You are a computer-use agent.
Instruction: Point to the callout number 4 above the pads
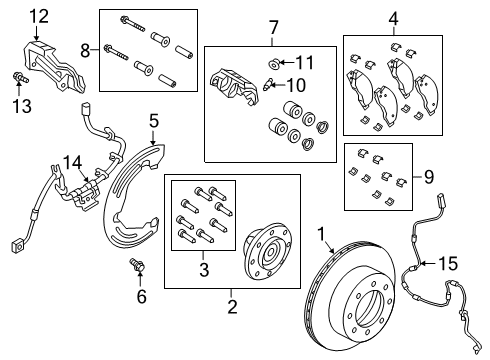pos(393,17)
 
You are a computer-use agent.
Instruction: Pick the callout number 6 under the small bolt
pos(141,296)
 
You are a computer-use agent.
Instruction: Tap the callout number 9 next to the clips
pos(428,178)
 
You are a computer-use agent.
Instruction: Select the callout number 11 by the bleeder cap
pos(304,62)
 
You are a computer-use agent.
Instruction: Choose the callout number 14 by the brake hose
pos(71,160)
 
